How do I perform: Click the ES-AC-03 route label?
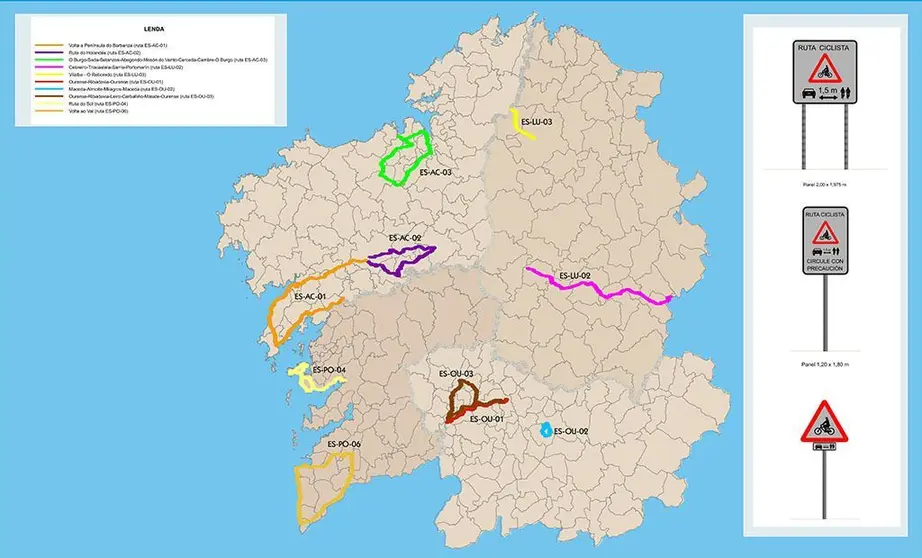(436, 173)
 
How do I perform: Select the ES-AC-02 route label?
(405, 239)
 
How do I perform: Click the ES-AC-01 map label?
(311, 297)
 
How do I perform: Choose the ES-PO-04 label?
(329, 370)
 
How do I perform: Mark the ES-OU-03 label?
(456, 373)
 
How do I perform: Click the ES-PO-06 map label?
(344, 444)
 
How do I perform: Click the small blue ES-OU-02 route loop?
(544, 431)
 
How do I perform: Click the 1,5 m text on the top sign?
(827, 90)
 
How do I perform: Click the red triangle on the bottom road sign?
(824, 423)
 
